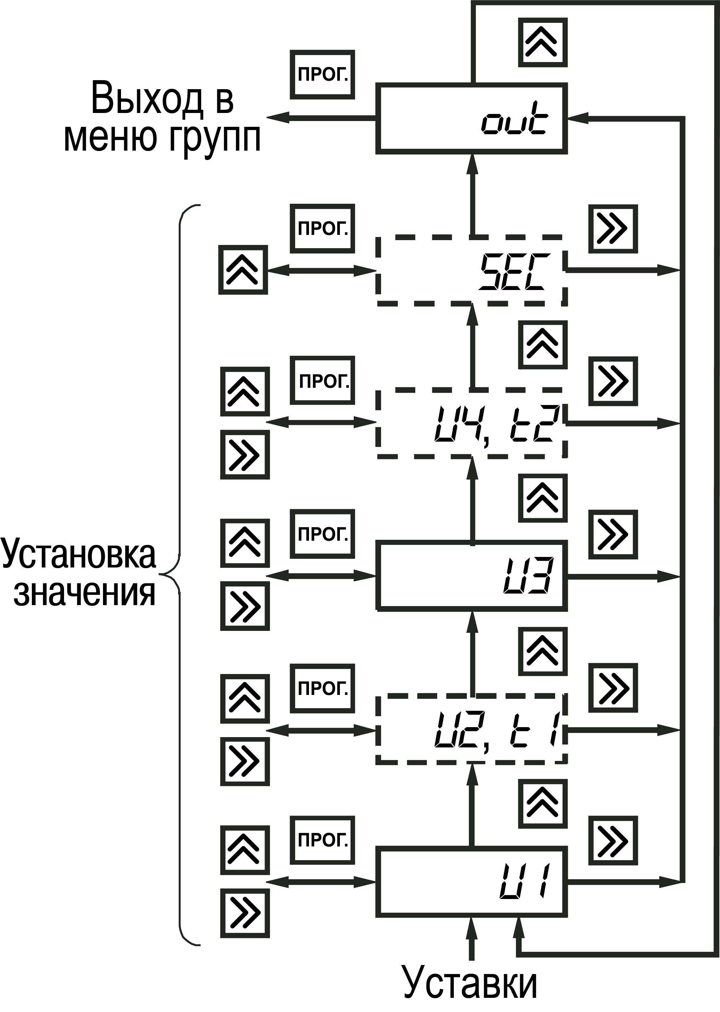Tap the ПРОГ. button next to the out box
click(x=322, y=74)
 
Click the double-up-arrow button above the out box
click(x=543, y=42)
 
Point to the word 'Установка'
click(x=79, y=554)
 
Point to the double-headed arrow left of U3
click(x=321, y=576)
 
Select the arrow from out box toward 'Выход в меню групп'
click(x=321, y=117)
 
